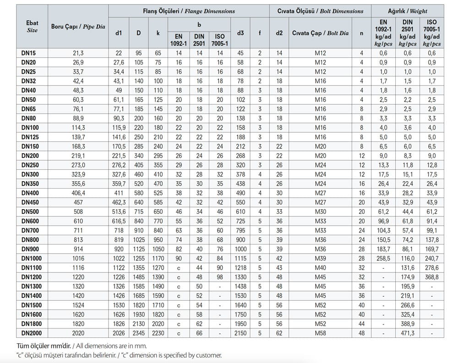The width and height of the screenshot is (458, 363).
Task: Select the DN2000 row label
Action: [32, 333]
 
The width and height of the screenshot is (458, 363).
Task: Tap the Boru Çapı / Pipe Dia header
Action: [78, 27]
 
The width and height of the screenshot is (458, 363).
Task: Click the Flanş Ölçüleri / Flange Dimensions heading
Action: [189, 11]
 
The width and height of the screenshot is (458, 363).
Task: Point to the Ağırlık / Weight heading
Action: [407, 11]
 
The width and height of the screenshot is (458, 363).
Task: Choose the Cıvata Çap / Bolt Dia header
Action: [320, 33]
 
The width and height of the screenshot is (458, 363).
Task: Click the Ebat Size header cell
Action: [32, 27]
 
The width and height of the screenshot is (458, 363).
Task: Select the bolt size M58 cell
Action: [320, 333]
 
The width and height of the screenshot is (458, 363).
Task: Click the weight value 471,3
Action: [407, 333]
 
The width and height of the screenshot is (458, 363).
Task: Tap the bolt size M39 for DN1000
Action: [320, 258]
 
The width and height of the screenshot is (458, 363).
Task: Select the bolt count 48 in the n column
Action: [362, 333]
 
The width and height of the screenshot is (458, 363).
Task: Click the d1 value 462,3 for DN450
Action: [119, 202]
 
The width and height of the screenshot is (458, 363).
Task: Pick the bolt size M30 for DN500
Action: [320, 211]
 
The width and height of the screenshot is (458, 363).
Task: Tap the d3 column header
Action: [240, 33]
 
